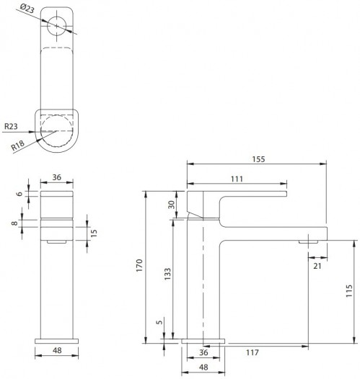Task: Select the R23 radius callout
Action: tap(10, 126)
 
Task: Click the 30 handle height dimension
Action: tap(172, 204)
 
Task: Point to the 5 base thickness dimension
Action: tap(159, 321)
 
